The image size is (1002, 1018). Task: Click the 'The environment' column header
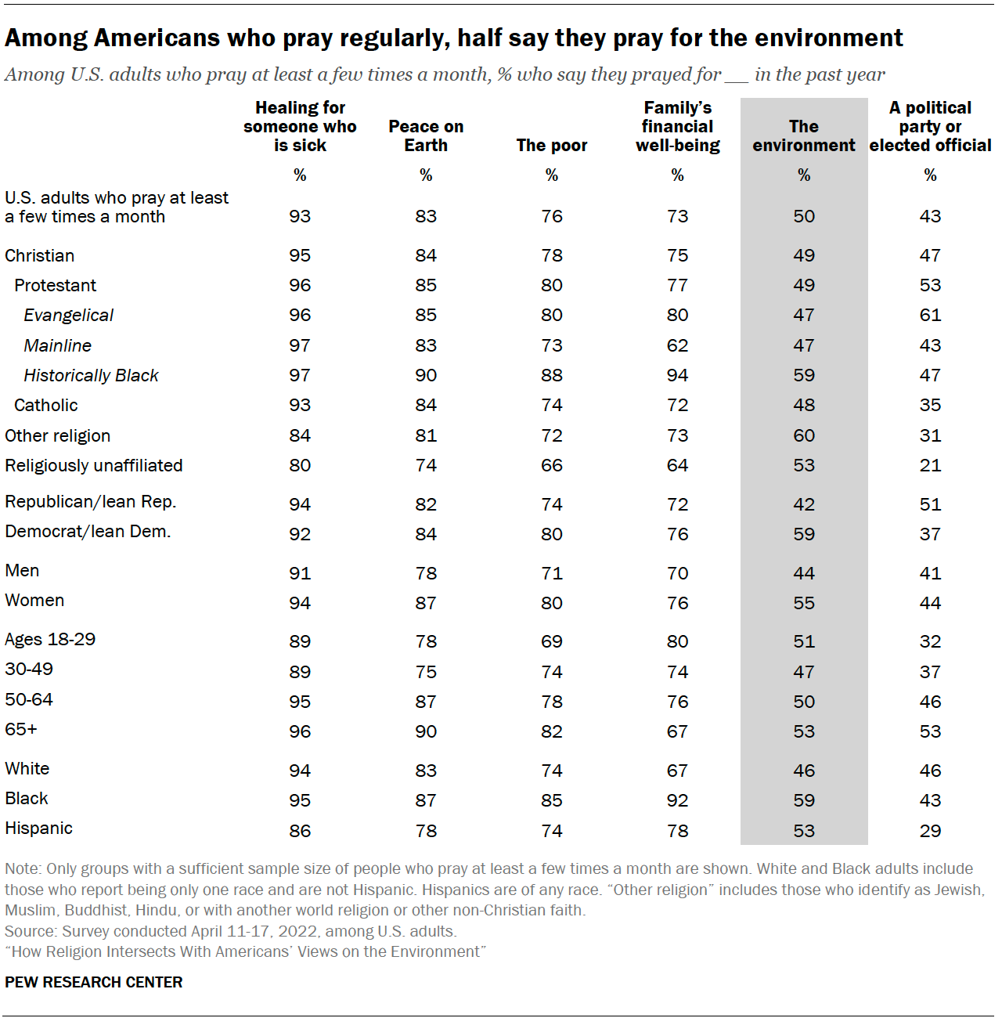[x=804, y=136]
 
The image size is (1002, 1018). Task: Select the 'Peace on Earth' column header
[x=426, y=136]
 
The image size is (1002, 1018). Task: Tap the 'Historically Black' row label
[x=91, y=376]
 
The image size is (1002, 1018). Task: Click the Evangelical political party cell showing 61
[x=930, y=316]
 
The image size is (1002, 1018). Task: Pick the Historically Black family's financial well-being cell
[x=677, y=376]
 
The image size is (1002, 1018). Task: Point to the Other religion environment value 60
[x=804, y=436]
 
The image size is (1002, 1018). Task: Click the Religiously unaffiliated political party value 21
[x=930, y=466]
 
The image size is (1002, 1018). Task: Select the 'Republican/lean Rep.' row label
[x=91, y=502]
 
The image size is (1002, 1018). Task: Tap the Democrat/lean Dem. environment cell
[x=804, y=535]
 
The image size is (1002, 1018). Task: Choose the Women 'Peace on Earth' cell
[x=426, y=604]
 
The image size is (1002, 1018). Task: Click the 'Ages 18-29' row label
[x=50, y=640]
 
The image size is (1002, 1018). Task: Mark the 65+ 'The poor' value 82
[x=552, y=732]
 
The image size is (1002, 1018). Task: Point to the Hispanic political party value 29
[x=930, y=832]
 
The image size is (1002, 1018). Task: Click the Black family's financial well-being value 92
[x=677, y=801]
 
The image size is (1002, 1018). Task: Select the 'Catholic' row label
[x=46, y=406]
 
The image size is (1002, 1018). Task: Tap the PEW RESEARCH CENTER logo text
[x=94, y=983]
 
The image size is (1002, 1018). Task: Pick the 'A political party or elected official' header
[x=930, y=127]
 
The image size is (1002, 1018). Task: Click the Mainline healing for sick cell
[x=300, y=346]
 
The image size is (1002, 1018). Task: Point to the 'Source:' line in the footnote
[x=231, y=932]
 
